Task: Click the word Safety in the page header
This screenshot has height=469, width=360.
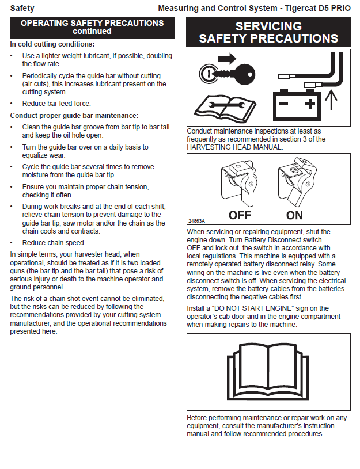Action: pos(22,8)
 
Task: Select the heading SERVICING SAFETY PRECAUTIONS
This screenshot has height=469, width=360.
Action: pos(268,32)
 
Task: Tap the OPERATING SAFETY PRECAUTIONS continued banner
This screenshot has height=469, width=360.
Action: pos(92,27)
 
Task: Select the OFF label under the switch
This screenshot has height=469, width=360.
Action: pos(240,216)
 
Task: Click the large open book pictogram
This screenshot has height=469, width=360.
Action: pos(268,372)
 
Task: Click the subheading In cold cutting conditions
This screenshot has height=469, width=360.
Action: pos(52,44)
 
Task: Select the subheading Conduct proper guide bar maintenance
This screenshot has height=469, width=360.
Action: pos(74,116)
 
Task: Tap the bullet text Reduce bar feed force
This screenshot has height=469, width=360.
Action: pos(56,104)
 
